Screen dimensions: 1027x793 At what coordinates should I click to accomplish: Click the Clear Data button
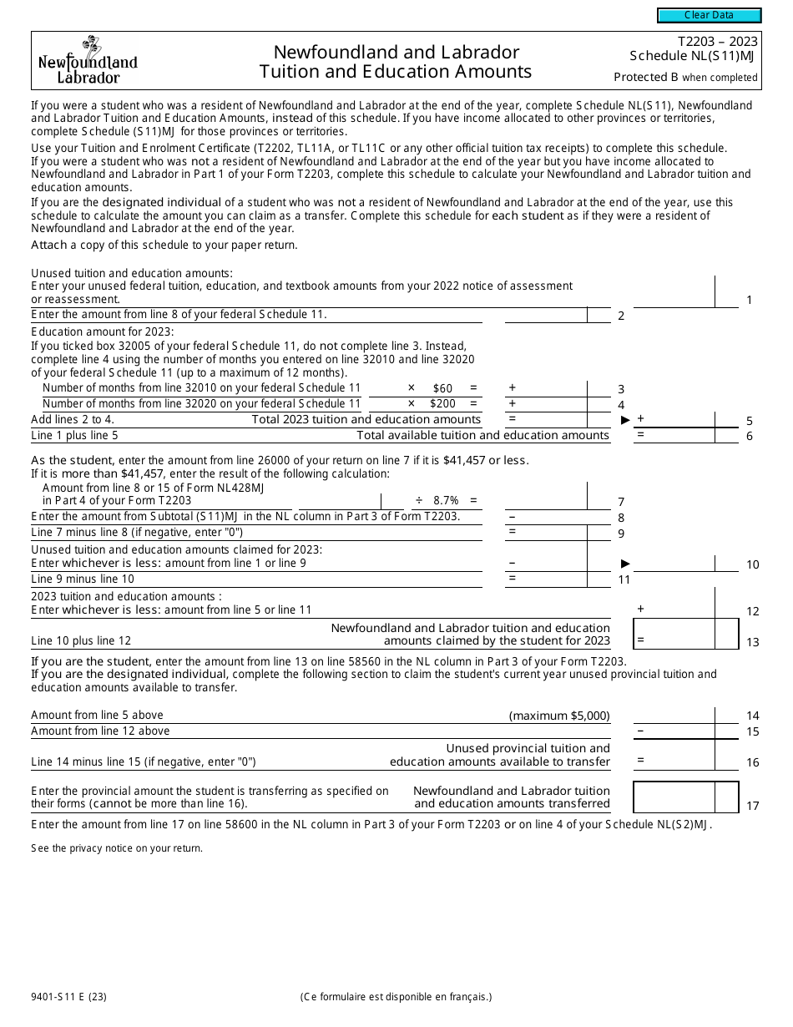click(x=709, y=15)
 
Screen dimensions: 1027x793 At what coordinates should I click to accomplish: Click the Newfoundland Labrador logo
click(x=88, y=61)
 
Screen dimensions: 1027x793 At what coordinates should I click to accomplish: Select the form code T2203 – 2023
click(x=717, y=42)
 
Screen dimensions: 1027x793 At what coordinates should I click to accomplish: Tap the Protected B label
click(x=685, y=78)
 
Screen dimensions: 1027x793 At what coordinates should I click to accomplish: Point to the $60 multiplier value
click(x=442, y=388)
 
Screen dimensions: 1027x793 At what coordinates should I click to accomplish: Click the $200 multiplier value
click(x=442, y=404)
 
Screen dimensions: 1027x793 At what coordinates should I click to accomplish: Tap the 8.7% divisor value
click(x=446, y=501)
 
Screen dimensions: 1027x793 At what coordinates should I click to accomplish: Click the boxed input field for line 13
click(x=684, y=634)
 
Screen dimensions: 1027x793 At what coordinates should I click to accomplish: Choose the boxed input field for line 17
click(x=684, y=797)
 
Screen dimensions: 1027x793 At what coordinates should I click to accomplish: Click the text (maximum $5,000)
click(x=559, y=716)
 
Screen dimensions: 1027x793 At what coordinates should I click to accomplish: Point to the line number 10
click(x=752, y=565)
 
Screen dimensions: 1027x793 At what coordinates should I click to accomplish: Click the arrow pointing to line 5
click(x=625, y=420)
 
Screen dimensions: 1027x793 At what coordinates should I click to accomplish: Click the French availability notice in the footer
click(x=396, y=996)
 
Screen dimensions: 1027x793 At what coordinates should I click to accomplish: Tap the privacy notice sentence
click(x=117, y=848)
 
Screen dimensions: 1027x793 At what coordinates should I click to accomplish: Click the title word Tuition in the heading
click(x=290, y=72)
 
